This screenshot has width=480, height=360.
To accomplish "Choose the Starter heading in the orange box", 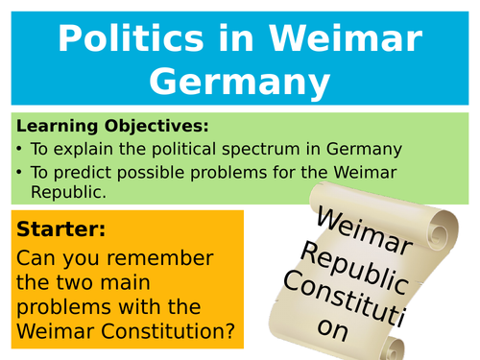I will point(60,230).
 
